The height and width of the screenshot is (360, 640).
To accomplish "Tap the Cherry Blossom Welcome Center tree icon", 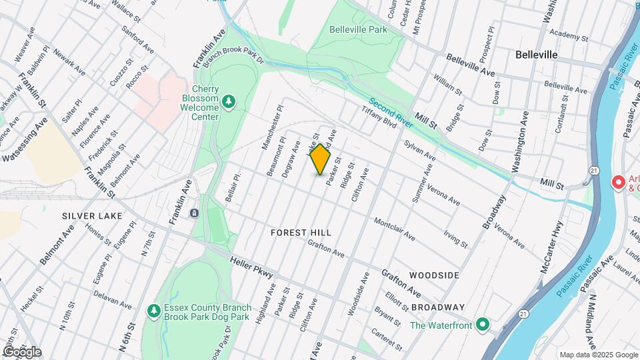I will coord(229,101).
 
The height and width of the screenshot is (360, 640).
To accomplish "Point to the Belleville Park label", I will coord(358,29).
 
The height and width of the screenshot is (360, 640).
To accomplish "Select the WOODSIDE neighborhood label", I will coord(434,275).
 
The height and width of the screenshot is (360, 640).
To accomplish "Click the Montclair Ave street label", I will coord(394,229).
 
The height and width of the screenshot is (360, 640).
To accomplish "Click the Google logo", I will coord(22,351).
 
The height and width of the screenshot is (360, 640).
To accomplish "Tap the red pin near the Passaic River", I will coord(618,181).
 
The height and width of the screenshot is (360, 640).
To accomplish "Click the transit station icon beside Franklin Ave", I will coord(193,213).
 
